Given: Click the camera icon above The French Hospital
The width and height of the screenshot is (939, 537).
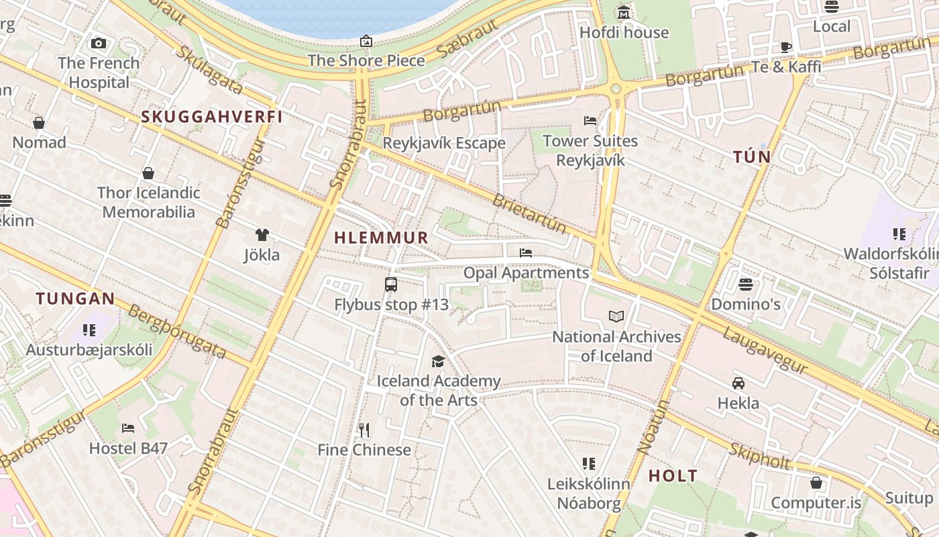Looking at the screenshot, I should point(99,44).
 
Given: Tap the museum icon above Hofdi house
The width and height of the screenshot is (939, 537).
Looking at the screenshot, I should point(624,13).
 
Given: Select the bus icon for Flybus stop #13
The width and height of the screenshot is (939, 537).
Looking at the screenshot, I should point(391,285).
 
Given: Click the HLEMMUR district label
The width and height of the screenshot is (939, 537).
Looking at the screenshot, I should point(381,238).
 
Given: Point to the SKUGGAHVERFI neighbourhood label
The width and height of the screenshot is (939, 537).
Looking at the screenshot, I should point(211,117).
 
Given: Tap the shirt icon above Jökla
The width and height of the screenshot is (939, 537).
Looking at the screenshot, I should point(262,235).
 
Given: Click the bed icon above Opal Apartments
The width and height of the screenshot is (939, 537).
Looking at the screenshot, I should point(526,253).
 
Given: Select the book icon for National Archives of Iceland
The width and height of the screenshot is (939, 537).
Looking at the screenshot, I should point(616,316).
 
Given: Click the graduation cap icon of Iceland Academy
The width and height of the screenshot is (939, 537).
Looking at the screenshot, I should point(438,361).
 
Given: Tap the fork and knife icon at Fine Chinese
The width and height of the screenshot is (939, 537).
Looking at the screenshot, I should point(364,430).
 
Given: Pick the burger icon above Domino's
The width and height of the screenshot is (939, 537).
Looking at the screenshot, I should point(746,284).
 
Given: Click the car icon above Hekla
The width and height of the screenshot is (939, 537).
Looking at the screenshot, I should point(738,383).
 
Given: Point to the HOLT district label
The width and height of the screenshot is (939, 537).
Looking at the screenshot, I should point(673,477).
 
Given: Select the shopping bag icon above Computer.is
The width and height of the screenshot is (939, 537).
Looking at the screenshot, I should point(816,483).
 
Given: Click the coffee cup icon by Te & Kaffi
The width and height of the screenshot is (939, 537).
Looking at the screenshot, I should point(786,46).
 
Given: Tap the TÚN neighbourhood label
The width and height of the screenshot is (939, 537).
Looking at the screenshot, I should point(752,157).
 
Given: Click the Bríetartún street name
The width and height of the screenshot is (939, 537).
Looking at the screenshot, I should point(529,213).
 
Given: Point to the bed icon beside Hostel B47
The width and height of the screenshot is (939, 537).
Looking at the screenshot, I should point(128,428).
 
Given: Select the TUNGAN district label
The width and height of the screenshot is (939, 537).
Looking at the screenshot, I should point(76,299).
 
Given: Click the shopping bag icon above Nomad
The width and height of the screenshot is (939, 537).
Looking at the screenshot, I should point(39,123).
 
